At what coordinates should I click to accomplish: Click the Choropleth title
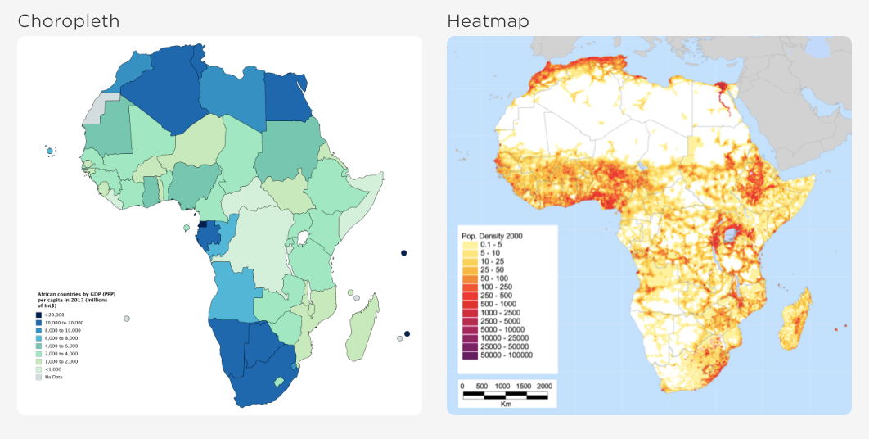69,21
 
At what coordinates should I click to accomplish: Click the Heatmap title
488,21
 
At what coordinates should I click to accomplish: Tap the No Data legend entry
53,377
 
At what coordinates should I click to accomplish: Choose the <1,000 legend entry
52,369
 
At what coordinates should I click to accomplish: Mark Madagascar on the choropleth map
363,328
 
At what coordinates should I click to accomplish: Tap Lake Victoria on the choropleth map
303,238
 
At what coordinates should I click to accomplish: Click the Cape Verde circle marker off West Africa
50,151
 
